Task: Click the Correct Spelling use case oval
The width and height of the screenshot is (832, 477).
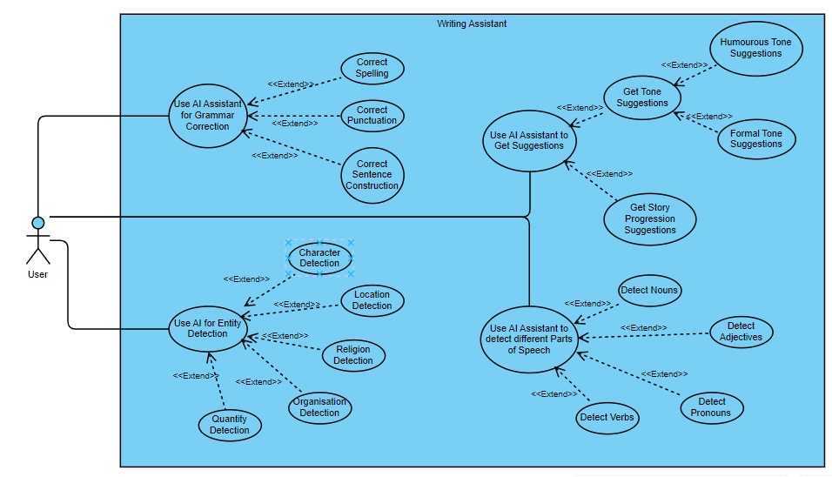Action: click(372, 68)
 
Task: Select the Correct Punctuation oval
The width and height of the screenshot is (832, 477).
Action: click(372, 116)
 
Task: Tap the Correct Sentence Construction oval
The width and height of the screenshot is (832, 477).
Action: click(372, 175)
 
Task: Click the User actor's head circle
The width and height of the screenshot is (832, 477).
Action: click(38, 222)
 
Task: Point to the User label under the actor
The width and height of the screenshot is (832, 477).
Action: click(37, 274)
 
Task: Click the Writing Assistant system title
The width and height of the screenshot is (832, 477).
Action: click(472, 24)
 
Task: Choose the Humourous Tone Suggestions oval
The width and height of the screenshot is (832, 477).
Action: click(755, 48)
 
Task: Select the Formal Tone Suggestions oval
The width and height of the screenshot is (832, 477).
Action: click(755, 138)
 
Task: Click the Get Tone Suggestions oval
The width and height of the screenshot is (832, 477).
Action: click(641, 97)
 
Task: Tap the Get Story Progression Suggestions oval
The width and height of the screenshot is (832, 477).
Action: click(650, 219)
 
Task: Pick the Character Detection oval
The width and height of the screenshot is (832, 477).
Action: click(319, 258)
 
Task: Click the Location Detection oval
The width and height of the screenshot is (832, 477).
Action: click(372, 300)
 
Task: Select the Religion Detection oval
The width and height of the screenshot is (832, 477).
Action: click(353, 355)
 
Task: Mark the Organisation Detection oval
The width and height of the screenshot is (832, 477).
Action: click(319, 407)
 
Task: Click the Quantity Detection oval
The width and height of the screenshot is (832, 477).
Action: click(230, 425)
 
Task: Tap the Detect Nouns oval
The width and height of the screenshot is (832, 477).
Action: click(649, 290)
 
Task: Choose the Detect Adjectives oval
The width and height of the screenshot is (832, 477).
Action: click(741, 332)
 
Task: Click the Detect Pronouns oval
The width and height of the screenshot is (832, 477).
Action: click(712, 407)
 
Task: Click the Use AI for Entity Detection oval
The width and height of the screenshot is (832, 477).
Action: click(207, 328)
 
